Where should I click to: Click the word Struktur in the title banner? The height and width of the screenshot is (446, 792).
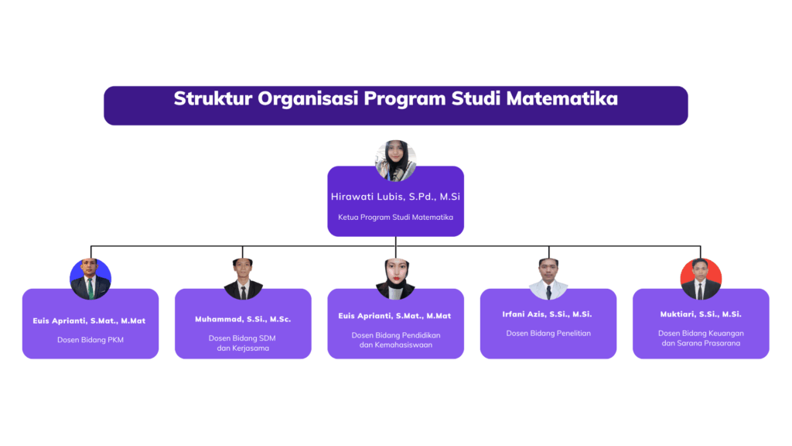click(x=213, y=98)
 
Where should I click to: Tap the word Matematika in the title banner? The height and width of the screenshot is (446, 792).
click(x=562, y=98)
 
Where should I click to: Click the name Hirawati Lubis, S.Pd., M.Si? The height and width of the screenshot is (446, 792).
click(x=395, y=197)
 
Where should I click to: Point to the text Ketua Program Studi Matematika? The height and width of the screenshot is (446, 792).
click(x=395, y=218)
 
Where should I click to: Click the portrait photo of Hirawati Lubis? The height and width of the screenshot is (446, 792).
click(x=395, y=161)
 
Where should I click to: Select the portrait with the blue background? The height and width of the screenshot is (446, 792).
click(x=90, y=279)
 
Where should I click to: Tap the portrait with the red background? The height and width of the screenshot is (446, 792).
click(x=701, y=279)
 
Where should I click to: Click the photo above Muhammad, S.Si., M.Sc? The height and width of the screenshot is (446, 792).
click(x=243, y=279)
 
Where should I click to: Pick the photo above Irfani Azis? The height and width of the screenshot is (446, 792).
click(x=548, y=279)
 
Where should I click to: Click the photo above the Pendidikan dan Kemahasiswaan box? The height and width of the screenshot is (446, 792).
click(x=395, y=279)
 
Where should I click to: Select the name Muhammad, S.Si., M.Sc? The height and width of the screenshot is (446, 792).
click(x=243, y=319)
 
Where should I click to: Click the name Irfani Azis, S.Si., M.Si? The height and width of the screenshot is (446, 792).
click(x=547, y=314)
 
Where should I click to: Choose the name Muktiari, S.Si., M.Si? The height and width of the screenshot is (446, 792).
click(x=701, y=314)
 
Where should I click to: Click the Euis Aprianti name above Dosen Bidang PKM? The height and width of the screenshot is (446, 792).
click(x=90, y=321)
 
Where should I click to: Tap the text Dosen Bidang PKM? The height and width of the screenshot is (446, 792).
click(x=90, y=340)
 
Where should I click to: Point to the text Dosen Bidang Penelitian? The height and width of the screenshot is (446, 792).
click(x=548, y=333)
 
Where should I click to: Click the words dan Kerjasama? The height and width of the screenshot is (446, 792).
click(x=243, y=348)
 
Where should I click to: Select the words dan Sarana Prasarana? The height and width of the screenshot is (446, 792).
click(x=701, y=343)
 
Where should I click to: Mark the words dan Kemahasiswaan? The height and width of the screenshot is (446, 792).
click(x=396, y=345)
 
